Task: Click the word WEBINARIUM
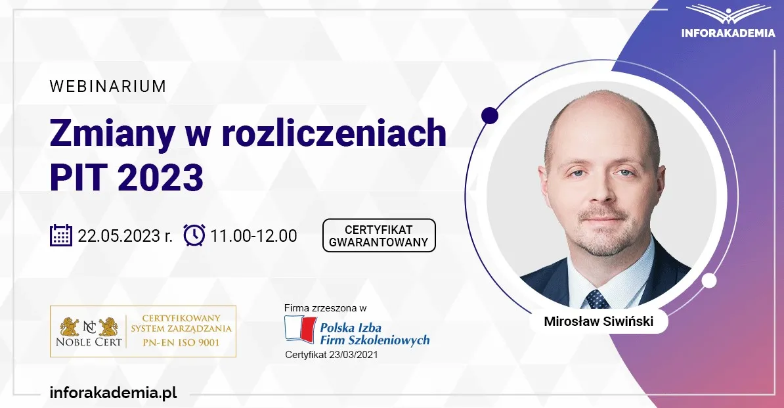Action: (x=108, y=86)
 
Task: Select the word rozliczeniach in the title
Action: (x=334, y=133)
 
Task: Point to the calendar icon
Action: (x=61, y=235)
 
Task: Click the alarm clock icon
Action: (x=194, y=235)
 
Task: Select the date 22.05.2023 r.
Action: (x=125, y=235)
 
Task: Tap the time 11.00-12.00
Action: (x=253, y=235)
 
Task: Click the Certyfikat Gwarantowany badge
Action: (x=379, y=235)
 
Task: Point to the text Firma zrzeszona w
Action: (x=325, y=307)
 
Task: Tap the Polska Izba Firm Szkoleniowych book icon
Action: (x=299, y=329)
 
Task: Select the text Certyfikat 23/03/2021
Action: (x=332, y=355)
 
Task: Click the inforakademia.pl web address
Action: (x=114, y=393)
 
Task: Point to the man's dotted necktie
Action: (x=598, y=299)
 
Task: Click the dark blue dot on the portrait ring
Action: (x=489, y=116)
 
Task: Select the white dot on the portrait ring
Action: (x=709, y=281)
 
